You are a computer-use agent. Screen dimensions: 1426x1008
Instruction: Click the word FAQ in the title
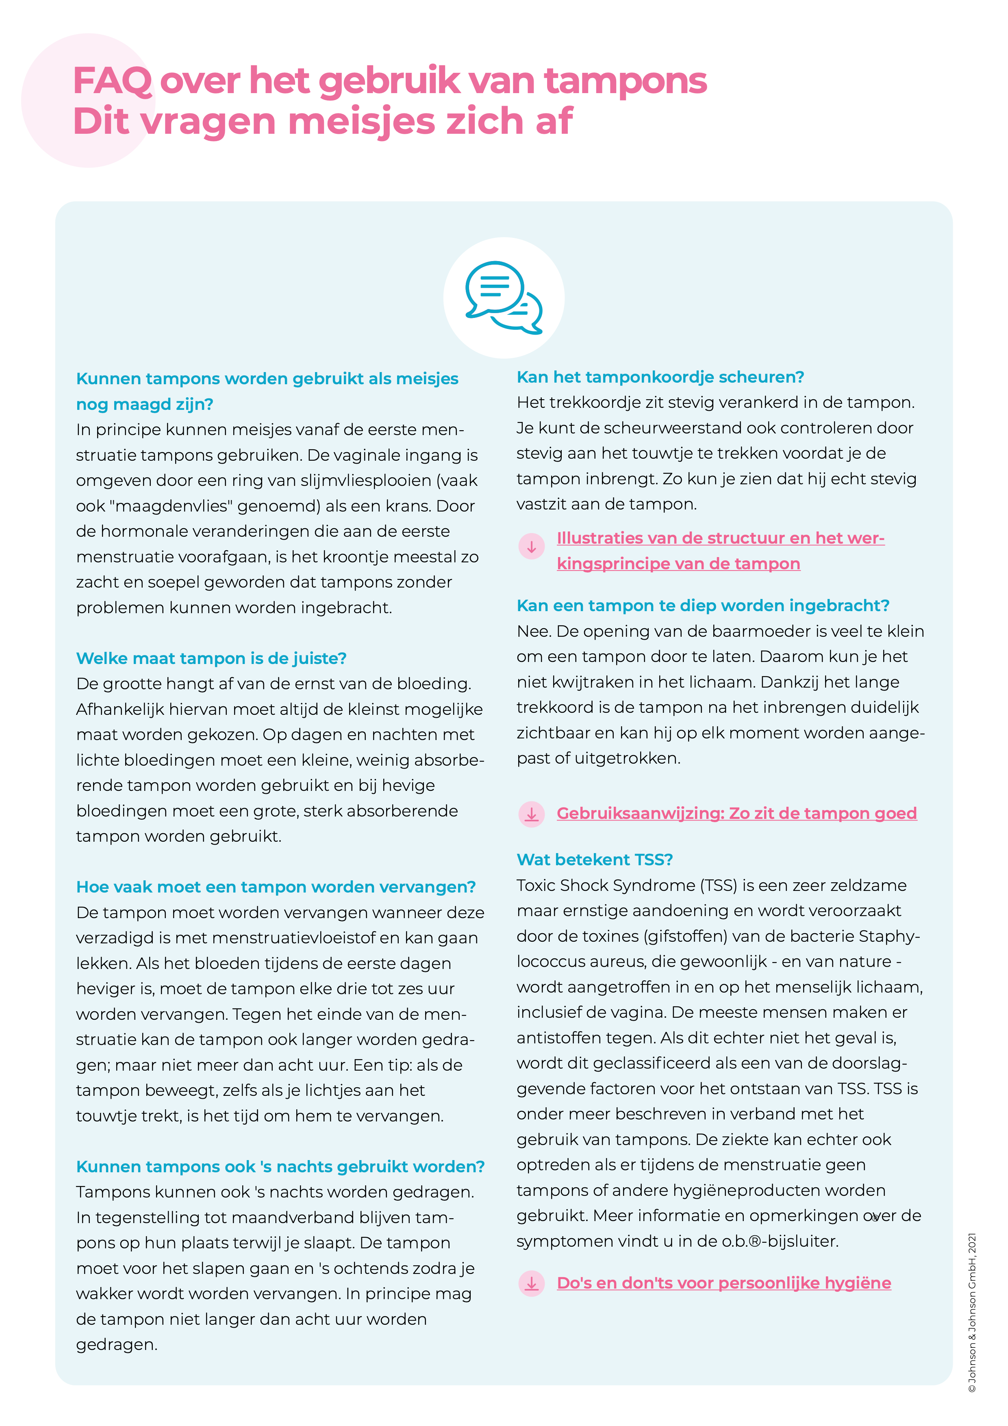click(x=112, y=81)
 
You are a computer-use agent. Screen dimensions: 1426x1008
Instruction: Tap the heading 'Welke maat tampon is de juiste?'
click(x=211, y=658)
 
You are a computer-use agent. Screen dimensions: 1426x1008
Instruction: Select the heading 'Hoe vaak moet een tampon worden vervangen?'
click(x=276, y=887)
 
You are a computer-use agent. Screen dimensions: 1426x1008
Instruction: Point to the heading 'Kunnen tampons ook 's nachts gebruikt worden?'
click(x=280, y=1167)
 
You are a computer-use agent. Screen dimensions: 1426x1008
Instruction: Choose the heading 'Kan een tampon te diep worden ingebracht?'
click(x=703, y=605)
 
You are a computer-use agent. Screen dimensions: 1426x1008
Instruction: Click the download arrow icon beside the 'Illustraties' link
click(x=531, y=546)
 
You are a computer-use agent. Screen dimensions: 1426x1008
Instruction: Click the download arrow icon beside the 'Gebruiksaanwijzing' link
click(x=531, y=814)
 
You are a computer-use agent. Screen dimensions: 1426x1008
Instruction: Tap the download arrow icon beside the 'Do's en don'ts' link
click(x=531, y=1283)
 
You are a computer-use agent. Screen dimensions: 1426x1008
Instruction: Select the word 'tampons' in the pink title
click(x=625, y=81)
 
